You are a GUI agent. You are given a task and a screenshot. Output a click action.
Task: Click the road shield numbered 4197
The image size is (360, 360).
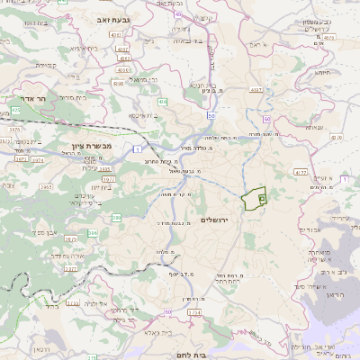256,89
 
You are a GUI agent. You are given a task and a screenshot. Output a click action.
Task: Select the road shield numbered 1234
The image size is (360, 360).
193,312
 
